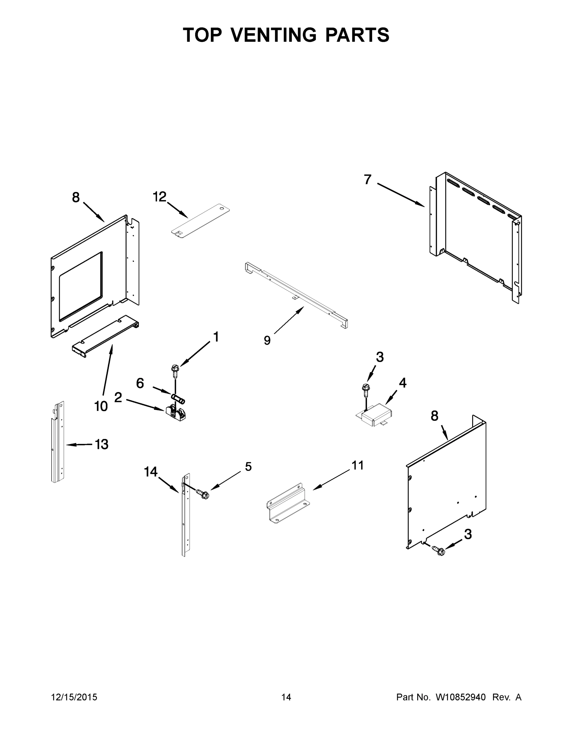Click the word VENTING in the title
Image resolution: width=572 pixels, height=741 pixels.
click(x=274, y=35)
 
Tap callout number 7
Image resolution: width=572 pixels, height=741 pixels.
click(x=368, y=179)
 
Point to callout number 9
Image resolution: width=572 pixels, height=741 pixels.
click(x=267, y=340)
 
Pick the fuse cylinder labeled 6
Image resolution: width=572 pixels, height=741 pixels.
click(x=178, y=398)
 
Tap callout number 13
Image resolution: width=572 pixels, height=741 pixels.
click(x=101, y=444)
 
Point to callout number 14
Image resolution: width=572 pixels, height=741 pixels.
click(x=150, y=471)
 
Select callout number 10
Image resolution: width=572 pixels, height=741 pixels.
click(x=101, y=406)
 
